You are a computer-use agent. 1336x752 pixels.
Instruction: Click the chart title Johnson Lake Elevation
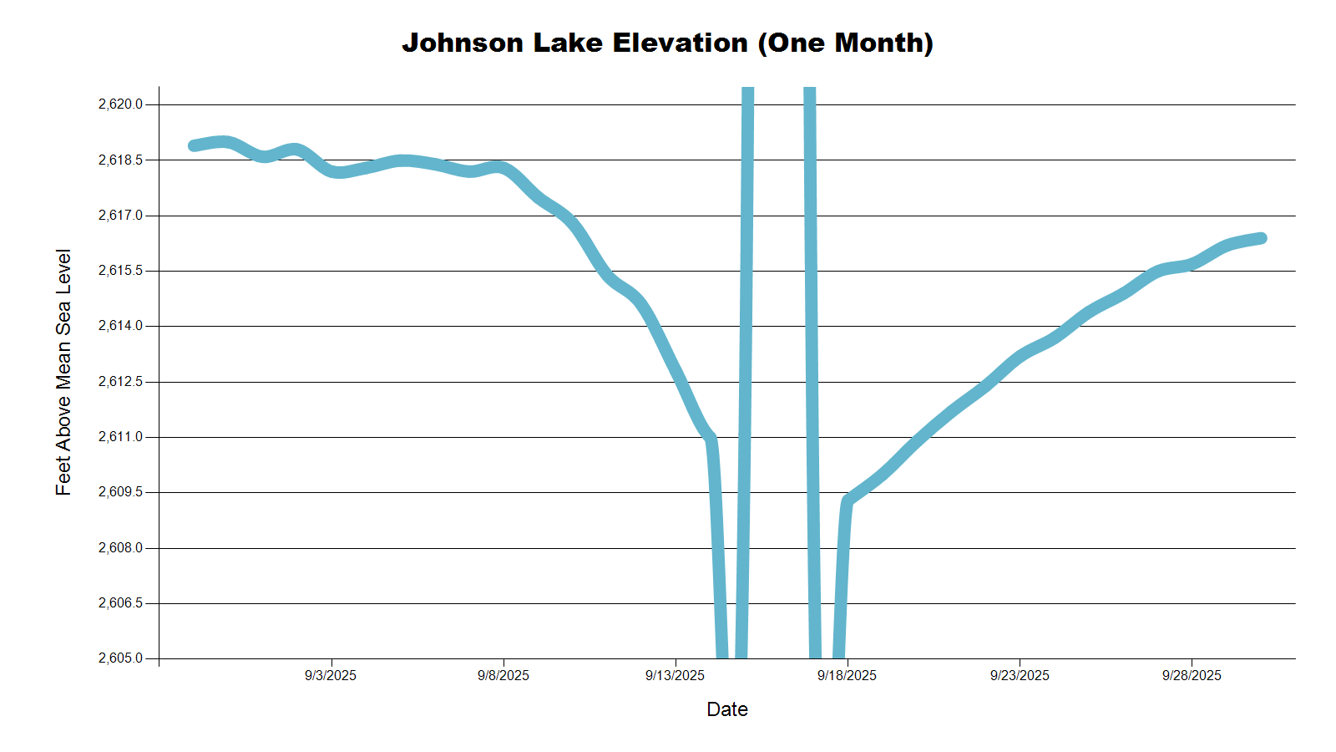[667, 43]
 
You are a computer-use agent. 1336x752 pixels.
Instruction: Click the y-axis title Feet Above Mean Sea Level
[63, 372]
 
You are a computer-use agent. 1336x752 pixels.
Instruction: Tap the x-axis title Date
[726, 709]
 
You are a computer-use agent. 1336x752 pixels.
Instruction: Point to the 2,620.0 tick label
[120, 104]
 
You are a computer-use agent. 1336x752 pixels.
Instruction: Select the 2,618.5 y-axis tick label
[120, 160]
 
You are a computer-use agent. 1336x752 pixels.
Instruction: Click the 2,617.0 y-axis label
[120, 216]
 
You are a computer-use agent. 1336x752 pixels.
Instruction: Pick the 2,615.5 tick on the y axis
[120, 271]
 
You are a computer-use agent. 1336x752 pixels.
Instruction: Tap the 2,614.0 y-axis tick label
[120, 326]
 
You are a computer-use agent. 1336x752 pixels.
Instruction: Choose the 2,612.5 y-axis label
[120, 382]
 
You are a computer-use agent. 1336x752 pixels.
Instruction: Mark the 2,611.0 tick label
[120, 437]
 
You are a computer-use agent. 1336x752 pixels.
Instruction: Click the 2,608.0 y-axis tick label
[120, 548]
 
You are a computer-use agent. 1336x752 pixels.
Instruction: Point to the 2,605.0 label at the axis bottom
[120, 658]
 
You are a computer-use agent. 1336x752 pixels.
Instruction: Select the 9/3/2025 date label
[331, 675]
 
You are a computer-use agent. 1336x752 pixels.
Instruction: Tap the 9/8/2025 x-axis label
[504, 675]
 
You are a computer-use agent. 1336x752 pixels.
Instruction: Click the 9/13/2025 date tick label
[675, 675]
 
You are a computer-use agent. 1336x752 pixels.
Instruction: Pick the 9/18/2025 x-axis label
[848, 675]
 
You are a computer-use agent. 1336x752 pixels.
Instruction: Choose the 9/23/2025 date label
[1020, 675]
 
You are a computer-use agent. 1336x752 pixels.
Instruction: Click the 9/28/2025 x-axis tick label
[1192, 675]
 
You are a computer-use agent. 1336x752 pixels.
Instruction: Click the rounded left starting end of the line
[194, 145]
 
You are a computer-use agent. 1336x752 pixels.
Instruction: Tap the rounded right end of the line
[1262, 238]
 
